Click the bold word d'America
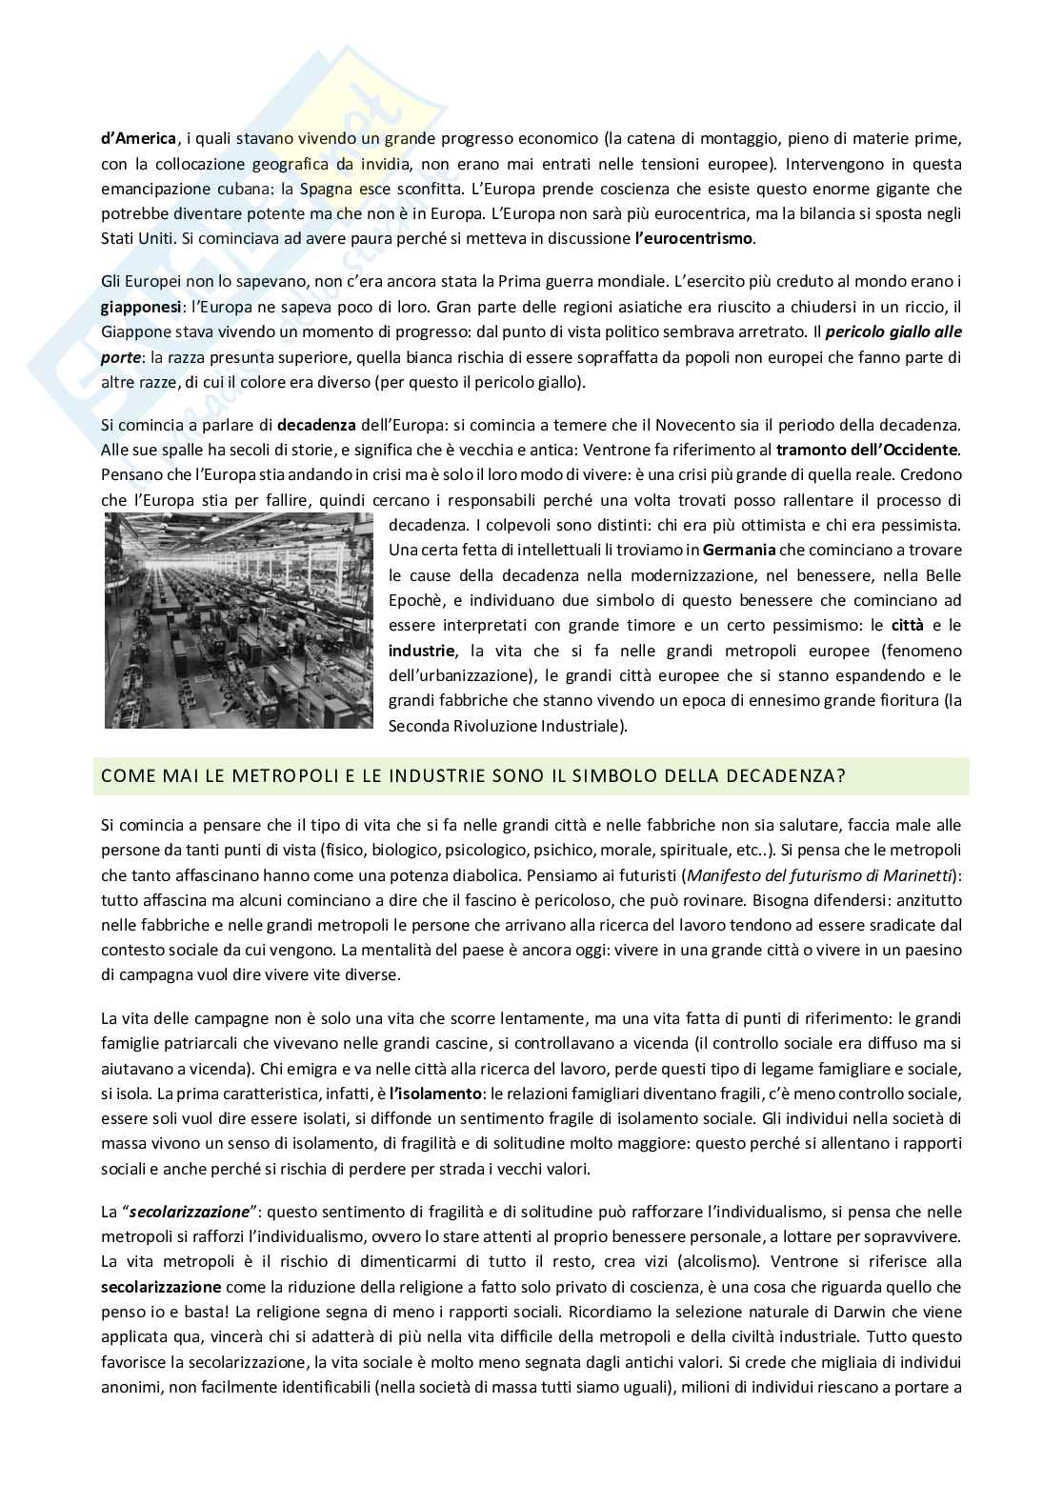138,138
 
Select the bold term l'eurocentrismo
693,238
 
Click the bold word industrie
421,651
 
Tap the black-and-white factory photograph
239,620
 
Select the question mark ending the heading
841,775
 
